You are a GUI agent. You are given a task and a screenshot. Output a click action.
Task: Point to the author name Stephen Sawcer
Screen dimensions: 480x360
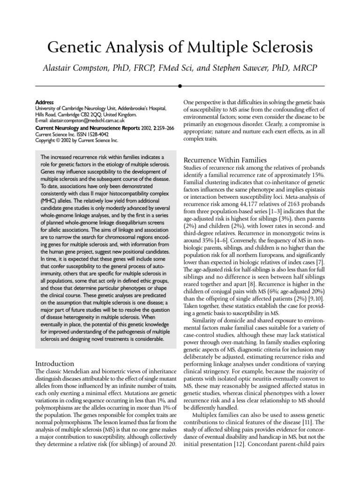click(x=245, y=68)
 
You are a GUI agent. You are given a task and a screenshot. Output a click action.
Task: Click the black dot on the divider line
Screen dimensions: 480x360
click(x=180, y=86)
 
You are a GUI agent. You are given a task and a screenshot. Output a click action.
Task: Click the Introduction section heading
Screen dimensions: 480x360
click(x=55, y=363)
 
